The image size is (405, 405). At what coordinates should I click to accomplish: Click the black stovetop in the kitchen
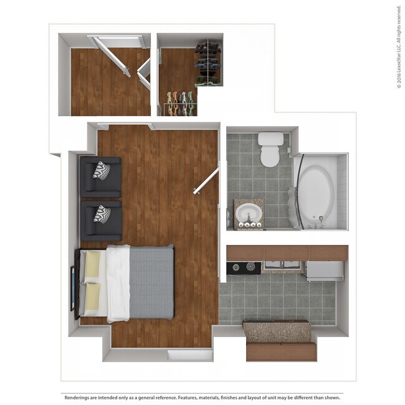pos(244,268)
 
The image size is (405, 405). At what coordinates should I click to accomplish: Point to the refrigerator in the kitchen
pos(323,269)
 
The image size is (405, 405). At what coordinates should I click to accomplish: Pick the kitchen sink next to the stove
pos(282,267)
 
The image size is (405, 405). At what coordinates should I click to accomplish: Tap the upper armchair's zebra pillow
pos(102,169)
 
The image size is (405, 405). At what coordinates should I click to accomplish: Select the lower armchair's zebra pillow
pos(102,214)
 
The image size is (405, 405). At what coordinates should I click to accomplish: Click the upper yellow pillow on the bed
pos(92,264)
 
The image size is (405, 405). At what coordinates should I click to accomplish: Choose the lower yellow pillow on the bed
pos(92,298)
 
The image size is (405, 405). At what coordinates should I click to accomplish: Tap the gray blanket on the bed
pos(151,283)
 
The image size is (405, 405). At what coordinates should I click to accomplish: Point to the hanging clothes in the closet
pos(208,63)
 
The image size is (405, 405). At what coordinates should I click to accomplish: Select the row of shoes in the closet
pos(179,103)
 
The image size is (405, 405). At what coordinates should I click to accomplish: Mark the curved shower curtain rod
pos(298,190)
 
